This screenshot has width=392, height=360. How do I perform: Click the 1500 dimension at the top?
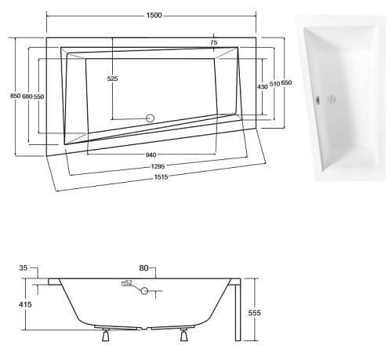154,16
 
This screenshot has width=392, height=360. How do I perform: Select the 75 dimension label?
214,42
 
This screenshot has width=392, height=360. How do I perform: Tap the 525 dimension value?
112,79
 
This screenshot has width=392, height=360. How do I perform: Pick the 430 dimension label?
262,86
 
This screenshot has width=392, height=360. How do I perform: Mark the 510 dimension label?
274,83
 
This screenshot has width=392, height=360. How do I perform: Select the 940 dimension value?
154,155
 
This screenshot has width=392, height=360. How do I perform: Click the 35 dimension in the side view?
23,269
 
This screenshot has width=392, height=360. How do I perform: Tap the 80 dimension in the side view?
144,269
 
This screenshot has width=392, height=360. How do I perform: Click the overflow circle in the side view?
144,291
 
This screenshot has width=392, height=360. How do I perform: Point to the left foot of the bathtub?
104,336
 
